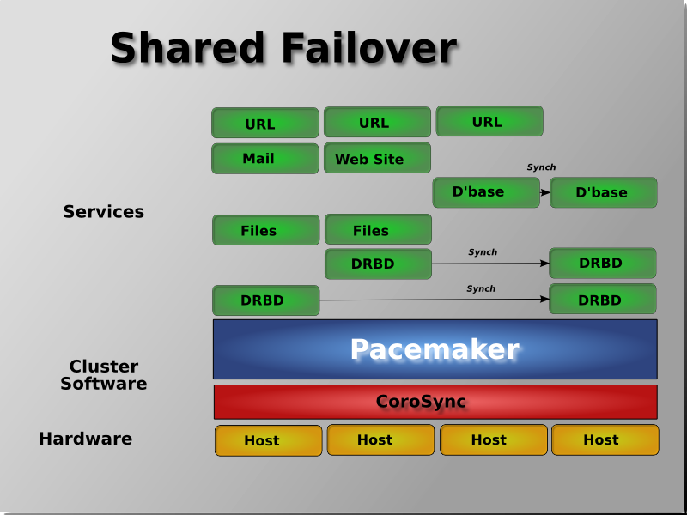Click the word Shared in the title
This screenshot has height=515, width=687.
click(177, 49)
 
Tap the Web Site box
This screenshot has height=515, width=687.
click(377, 159)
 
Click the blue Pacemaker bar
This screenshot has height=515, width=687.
click(435, 349)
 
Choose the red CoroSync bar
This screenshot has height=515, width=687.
click(435, 402)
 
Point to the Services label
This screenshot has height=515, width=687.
click(103, 212)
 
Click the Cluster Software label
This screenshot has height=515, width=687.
click(103, 375)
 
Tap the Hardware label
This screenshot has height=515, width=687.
click(85, 439)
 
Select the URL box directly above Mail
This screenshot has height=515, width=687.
click(264, 124)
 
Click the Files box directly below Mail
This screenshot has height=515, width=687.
click(265, 231)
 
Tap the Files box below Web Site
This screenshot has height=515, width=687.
click(378, 231)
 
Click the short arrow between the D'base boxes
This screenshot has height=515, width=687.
click(544, 193)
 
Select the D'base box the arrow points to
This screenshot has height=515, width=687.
click(603, 193)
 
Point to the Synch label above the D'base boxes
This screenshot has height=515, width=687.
click(541, 167)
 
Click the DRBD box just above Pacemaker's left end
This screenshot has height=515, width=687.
click(265, 300)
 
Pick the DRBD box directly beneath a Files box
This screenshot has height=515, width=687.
click(378, 264)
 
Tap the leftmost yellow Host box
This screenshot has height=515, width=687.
click(268, 440)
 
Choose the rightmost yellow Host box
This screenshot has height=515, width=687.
click(605, 440)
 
